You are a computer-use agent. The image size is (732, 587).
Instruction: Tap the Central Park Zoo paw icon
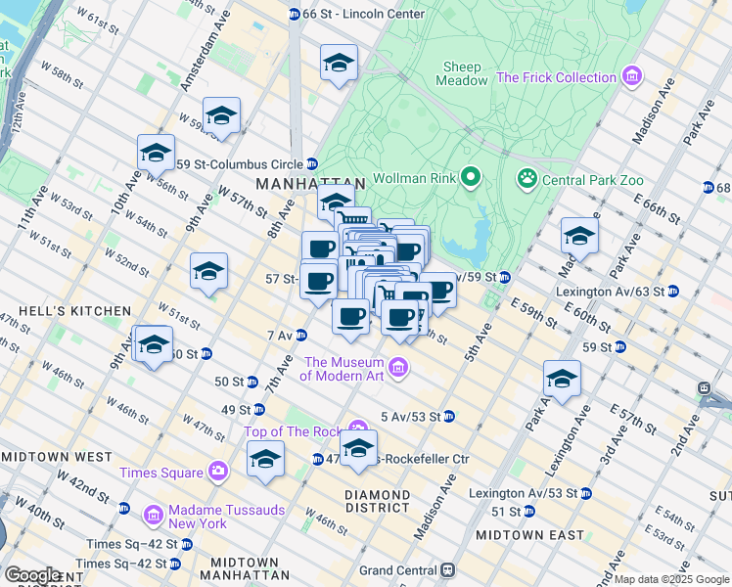[x=527, y=178]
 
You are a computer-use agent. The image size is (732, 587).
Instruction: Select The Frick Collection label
[x=557, y=77]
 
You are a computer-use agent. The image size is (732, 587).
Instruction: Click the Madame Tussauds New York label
[x=199, y=516]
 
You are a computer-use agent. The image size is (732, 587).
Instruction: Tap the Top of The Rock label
[x=296, y=431]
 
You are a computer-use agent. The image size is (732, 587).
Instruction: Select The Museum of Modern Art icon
[x=398, y=368]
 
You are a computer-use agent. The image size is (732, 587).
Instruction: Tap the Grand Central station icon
[x=448, y=569]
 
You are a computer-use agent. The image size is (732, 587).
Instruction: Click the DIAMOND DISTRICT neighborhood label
[x=378, y=501]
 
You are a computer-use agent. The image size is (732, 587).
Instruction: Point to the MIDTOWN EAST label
[x=529, y=535]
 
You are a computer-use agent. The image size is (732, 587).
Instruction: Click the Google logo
[x=33, y=574]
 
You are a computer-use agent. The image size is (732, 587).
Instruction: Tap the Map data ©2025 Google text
[x=671, y=579]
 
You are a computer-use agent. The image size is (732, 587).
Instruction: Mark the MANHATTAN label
[x=309, y=183]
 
